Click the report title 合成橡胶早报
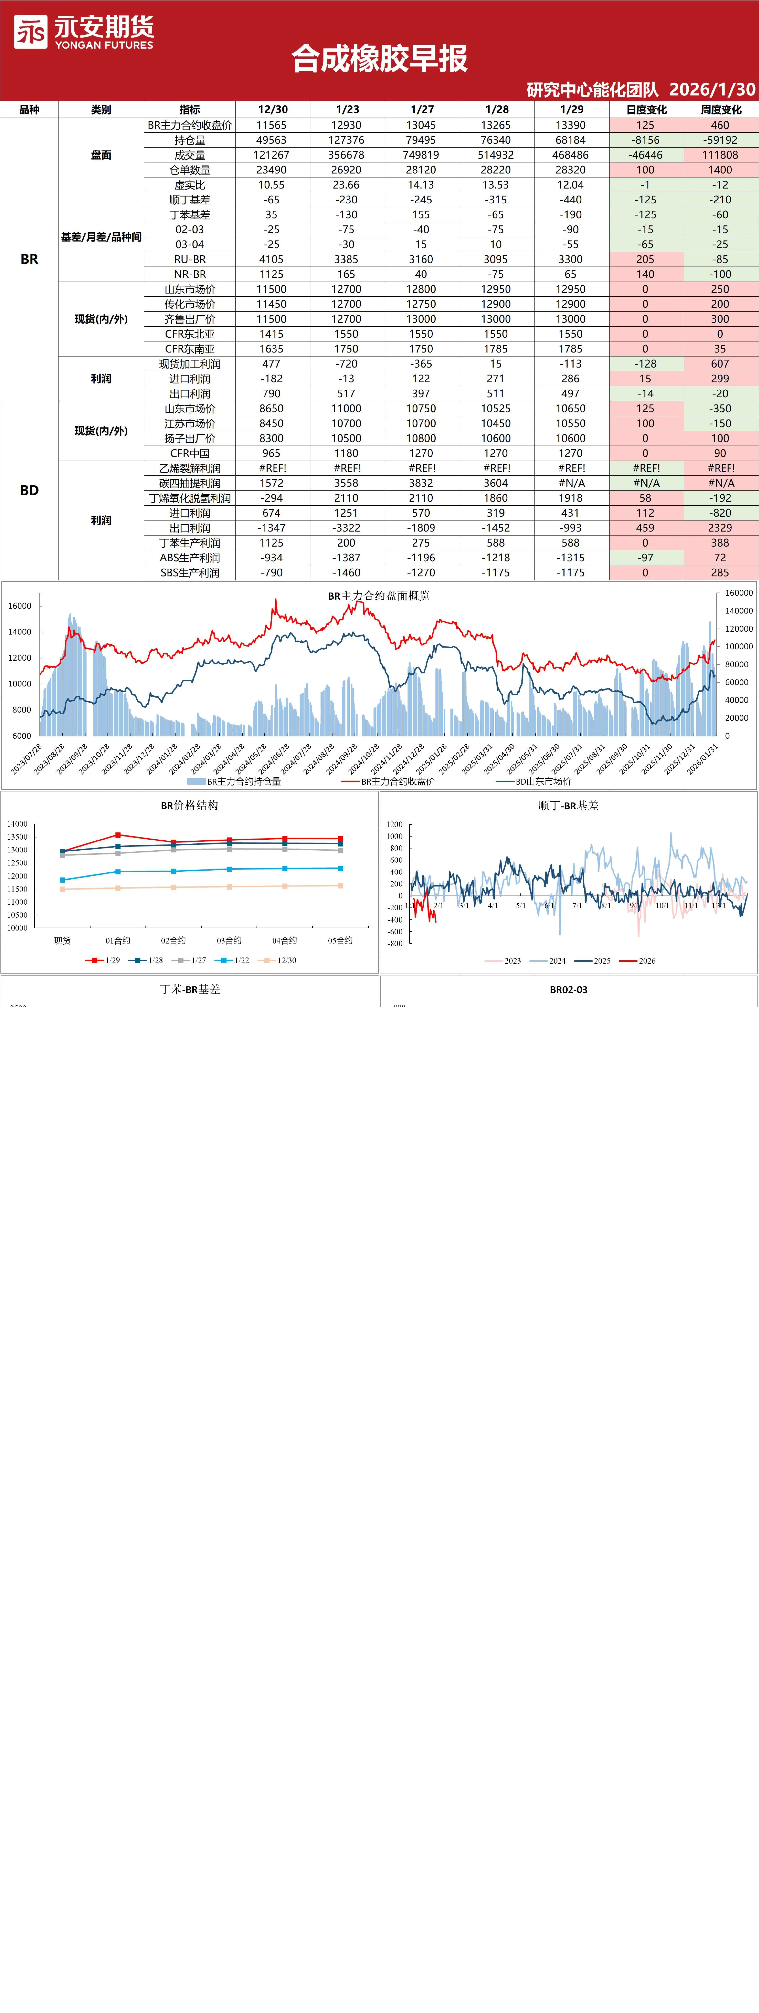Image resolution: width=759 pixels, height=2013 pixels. (x=379, y=59)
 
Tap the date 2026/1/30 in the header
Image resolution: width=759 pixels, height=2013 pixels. (x=712, y=89)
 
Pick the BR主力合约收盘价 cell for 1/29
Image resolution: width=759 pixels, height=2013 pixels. (x=571, y=125)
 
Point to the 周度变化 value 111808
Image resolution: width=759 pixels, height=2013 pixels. (x=720, y=155)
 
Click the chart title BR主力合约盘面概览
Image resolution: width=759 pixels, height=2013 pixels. (x=379, y=595)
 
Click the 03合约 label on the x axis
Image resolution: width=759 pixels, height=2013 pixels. (x=229, y=941)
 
